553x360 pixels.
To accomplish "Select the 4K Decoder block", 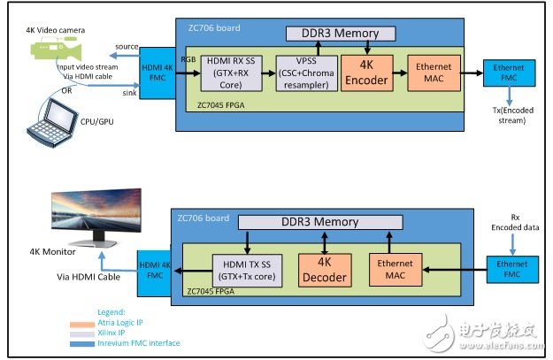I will click(x=323, y=259).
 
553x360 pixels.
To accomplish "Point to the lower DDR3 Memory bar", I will click(x=320, y=222).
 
